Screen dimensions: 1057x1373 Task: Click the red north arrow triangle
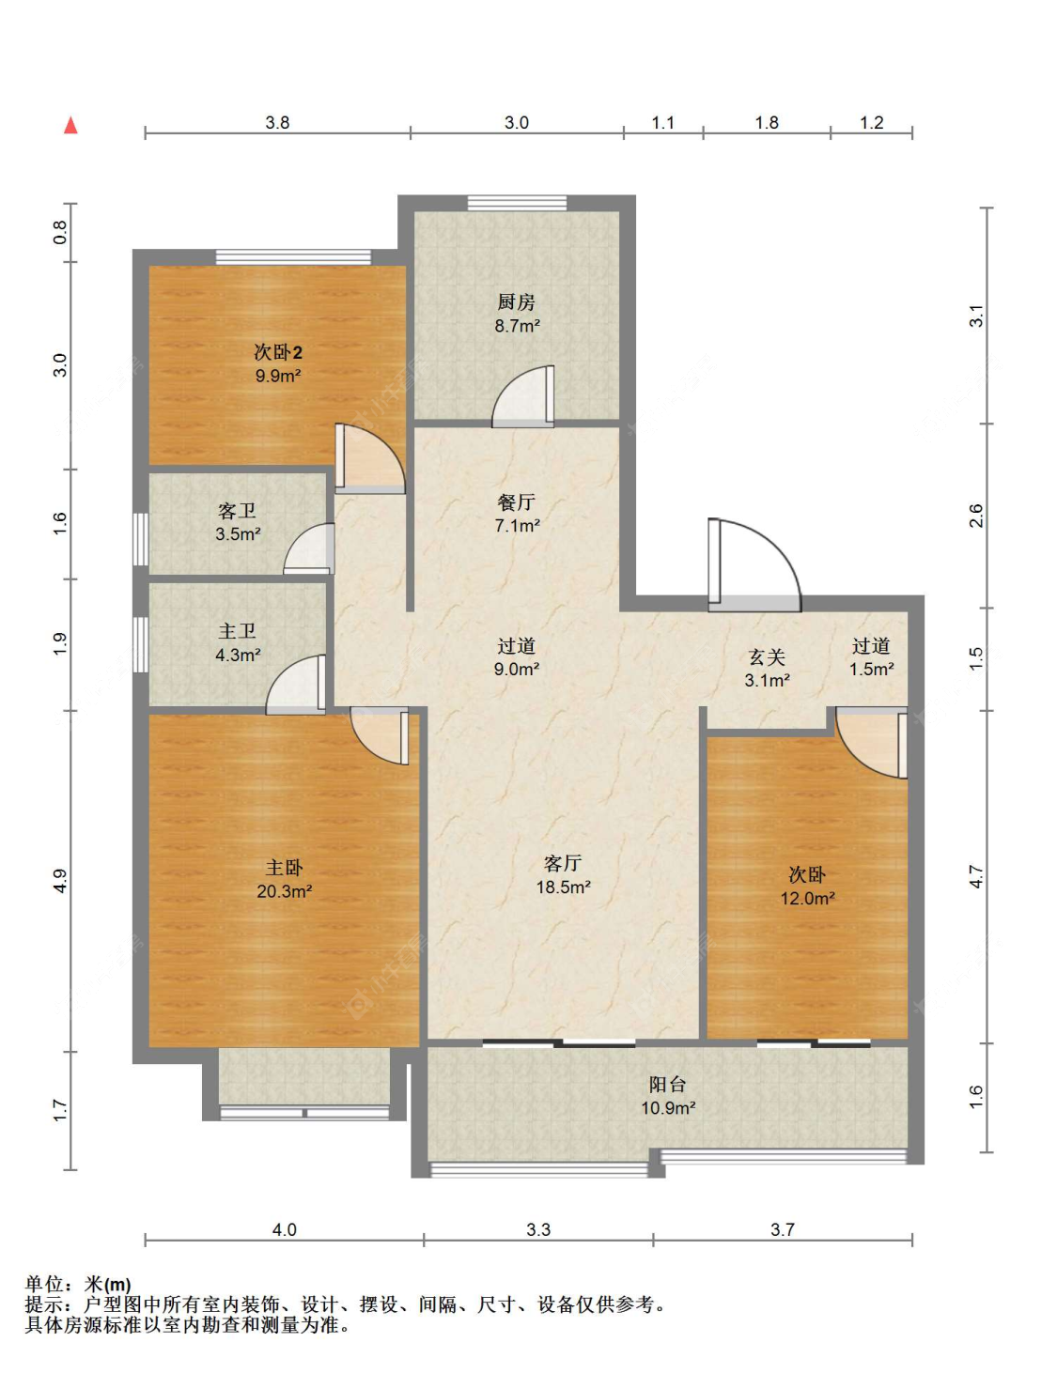click(70, 125)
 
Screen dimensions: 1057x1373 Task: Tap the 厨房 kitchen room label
click(516, 302)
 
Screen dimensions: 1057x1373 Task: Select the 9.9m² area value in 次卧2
click(277, 376)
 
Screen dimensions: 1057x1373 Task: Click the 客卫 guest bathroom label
click(237, 511)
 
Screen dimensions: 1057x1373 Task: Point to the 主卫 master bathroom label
click(237, 631)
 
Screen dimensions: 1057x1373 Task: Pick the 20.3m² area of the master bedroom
click(284, 891)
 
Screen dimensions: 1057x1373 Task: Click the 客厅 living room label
click(562, 863)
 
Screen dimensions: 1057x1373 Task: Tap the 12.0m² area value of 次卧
click(807, 898)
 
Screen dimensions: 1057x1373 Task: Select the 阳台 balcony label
click(668, 1085)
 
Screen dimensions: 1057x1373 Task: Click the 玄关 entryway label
click(767, 657)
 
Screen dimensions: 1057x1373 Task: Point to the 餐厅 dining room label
click(516, 502)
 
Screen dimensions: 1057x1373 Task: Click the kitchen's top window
click(517, 202)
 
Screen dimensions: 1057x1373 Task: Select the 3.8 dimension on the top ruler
click(277, 123)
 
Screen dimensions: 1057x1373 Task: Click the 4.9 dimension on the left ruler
click(59, 881)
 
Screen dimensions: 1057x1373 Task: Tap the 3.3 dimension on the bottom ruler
click(538, 1229)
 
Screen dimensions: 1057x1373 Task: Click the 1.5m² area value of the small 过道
click(871, 669)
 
